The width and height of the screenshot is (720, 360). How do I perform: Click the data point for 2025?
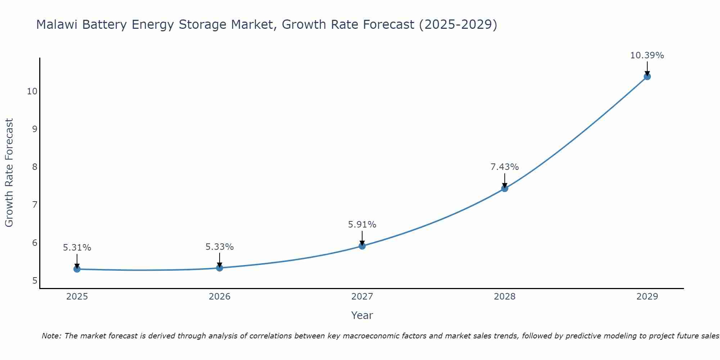pos(77,269)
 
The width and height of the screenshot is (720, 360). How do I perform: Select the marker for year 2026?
pos(220,268)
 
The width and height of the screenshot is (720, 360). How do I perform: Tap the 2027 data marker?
pos(362,246)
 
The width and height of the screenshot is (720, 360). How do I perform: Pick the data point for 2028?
pos(505,188)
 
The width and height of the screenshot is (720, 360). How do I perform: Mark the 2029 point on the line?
pos(647,76)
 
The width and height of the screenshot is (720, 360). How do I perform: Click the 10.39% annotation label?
pos(647,55)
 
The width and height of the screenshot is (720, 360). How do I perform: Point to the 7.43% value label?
pos(505,167)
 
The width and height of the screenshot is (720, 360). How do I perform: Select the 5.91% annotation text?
pos(362,225)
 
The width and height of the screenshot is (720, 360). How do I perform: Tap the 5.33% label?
pos(220,247)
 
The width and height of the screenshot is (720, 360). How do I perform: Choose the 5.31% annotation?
pos(77,248)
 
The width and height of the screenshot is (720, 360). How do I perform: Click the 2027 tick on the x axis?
pos(362,297)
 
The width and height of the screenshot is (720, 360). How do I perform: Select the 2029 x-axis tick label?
pos(647,297)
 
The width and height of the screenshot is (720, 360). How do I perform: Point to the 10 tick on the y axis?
pos(32,91)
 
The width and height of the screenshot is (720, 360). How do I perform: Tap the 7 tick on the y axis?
pos(35,205)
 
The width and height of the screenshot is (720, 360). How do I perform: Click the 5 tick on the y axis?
pos(35,280)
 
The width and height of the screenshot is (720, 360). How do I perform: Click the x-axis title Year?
pos(362,315)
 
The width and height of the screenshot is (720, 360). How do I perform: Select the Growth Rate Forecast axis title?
pos(9,173)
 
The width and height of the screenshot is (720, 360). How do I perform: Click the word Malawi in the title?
pos(58,24)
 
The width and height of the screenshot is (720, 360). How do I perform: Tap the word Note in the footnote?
pos(51,336)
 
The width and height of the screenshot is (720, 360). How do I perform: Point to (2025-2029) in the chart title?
pos(458,24)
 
